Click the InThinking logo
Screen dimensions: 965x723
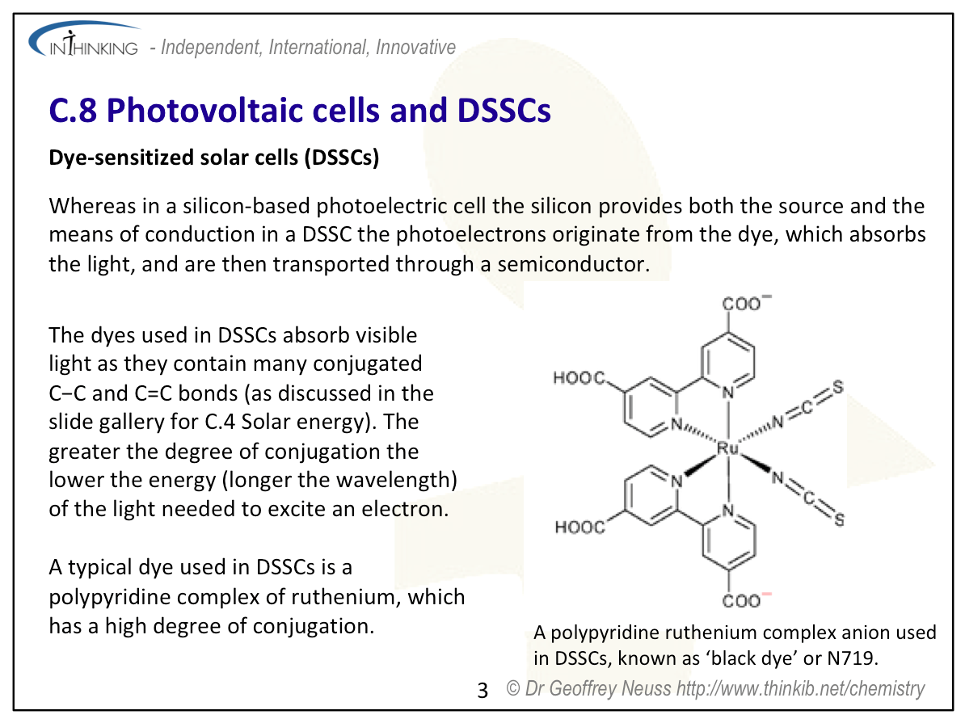click(x=84, y=40)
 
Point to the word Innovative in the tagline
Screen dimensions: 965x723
click(x=415, y=48)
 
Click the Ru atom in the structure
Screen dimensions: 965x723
click(x=727, y=448)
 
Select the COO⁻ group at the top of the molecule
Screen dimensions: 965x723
click(x=746, y=303)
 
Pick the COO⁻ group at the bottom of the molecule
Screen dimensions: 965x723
click(x=746, y=599)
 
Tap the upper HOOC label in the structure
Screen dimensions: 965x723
click(x=579, y=377)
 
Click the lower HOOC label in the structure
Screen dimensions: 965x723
click(x=579, y=527)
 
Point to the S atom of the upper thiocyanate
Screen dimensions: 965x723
click(x=837, y=388)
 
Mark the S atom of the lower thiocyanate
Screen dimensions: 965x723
click(x=839, y=520)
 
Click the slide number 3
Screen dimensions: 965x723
click(x=482, y=691)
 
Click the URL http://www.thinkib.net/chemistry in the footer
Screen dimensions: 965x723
click(x=800, y=688)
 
